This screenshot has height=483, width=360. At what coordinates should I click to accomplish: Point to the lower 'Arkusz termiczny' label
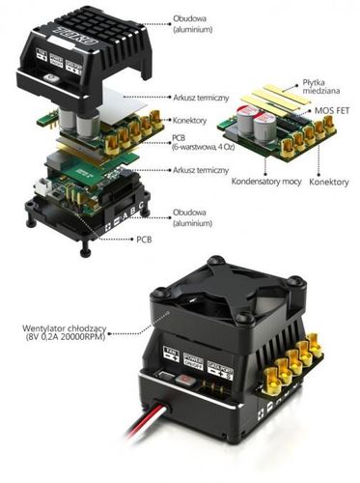[201, 170]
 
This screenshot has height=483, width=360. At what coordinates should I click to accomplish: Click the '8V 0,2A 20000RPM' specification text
[61, 339]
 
